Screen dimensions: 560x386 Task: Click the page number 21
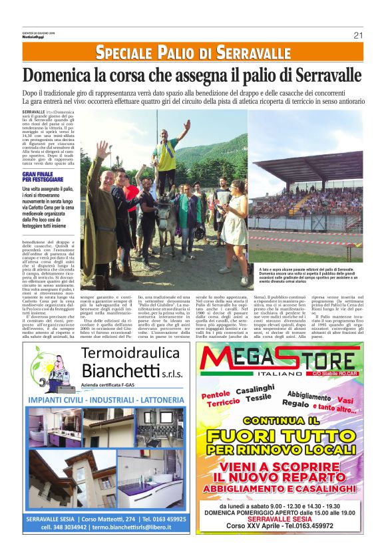[x=358, y=35]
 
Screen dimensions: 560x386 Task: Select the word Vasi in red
[x=346, y=392]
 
